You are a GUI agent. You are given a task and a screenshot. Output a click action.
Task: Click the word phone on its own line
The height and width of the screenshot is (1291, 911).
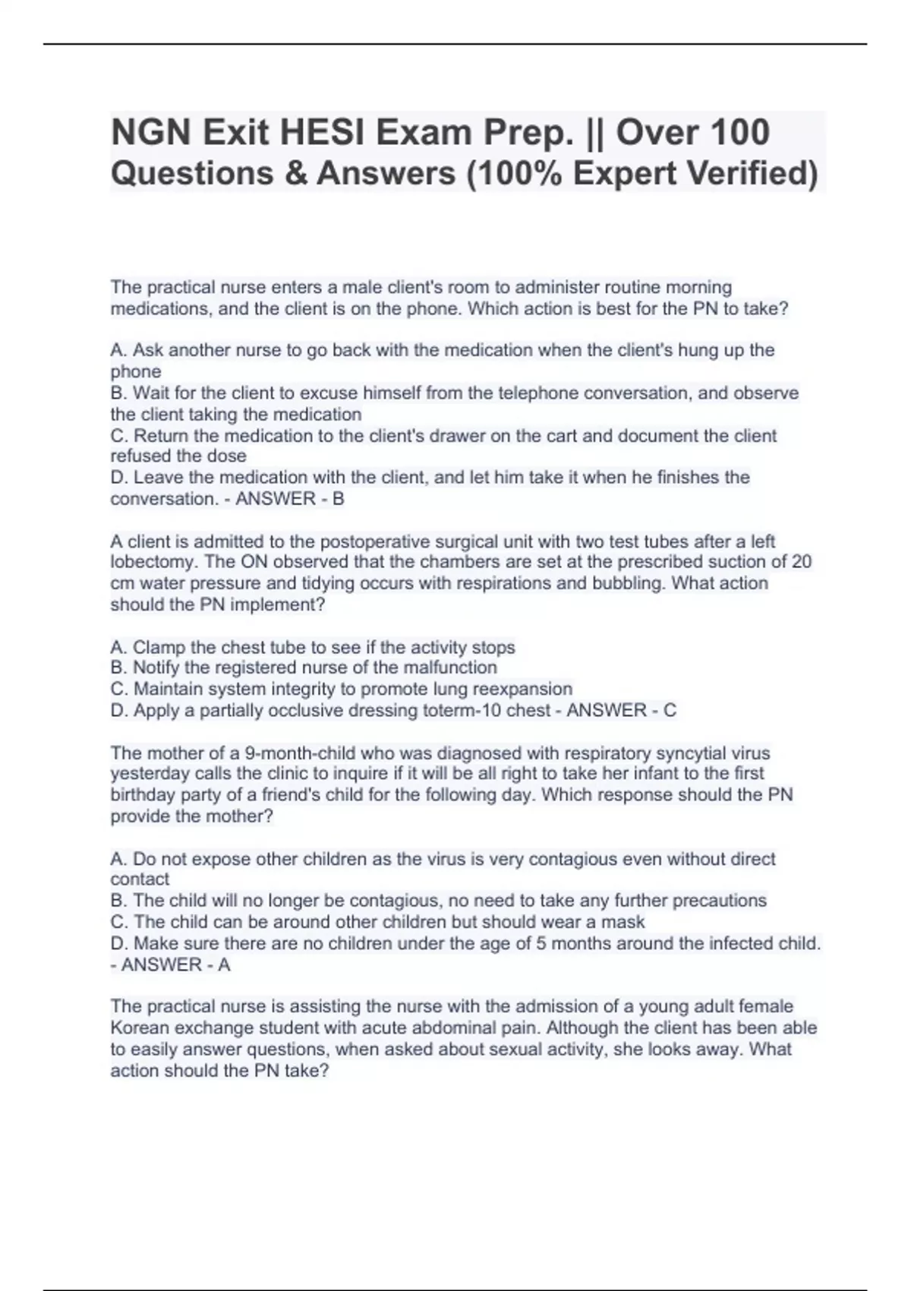coord(136,372)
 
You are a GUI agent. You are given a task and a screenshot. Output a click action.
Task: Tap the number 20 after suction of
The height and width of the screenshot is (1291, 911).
coord(801,562)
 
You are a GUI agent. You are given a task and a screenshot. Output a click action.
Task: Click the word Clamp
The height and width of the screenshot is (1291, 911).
coord(159,648)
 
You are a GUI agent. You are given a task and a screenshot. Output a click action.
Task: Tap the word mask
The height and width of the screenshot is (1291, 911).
coord(626,922)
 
